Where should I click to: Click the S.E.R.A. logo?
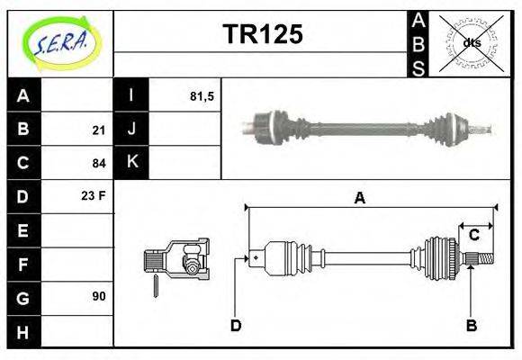click(x=59, y=42)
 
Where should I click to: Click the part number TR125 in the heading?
click(x=262, y=35)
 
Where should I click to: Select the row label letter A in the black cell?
click(x=22, y=95)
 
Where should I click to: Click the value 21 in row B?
click(x=99, y=130)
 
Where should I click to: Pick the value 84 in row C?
click(x=99, y=164)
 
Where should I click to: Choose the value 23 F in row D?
click(x=94, y=194)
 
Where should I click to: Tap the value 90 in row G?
click(x=99, y=296)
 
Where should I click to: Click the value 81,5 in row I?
click(x=202, y=95)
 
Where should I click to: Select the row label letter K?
click(x=131, y=162)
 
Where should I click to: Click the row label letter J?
click(x=131, y=129)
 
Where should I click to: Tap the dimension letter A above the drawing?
click(x=359, y=199)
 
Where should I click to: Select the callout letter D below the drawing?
click(x=236, y=326)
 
